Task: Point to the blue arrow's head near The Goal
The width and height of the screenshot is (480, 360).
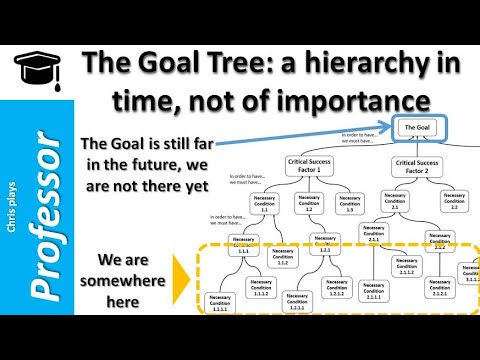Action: point(390,128)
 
